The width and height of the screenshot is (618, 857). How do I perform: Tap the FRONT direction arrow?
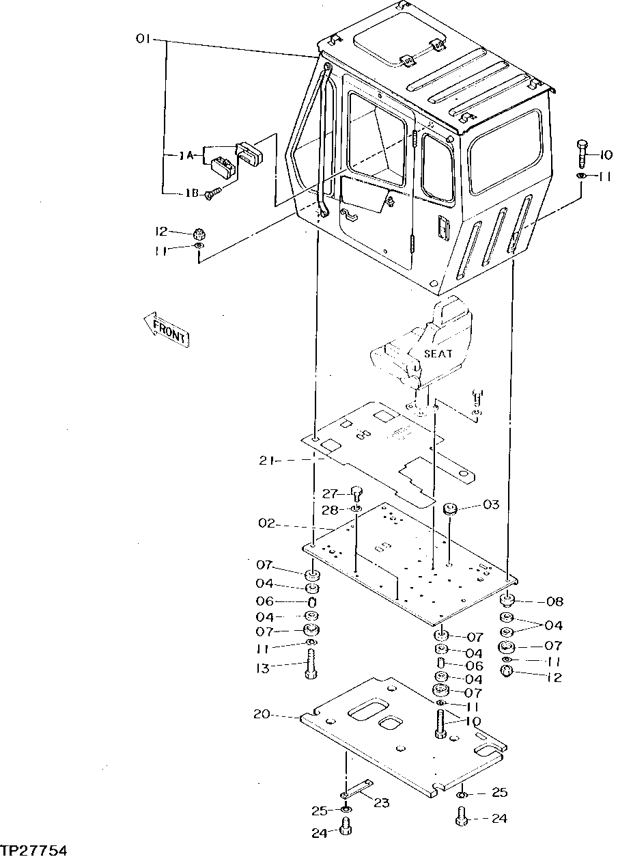(x=167, y=330)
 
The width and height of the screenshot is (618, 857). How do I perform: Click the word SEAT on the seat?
(x=438, y=354)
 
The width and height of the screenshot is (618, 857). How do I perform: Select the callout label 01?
(x=143, y=40)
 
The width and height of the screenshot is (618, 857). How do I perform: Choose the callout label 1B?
(x=191, y=193)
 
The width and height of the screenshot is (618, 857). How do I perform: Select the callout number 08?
(x=554, y=602)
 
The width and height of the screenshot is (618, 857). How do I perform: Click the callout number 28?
(x=331, y=510)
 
